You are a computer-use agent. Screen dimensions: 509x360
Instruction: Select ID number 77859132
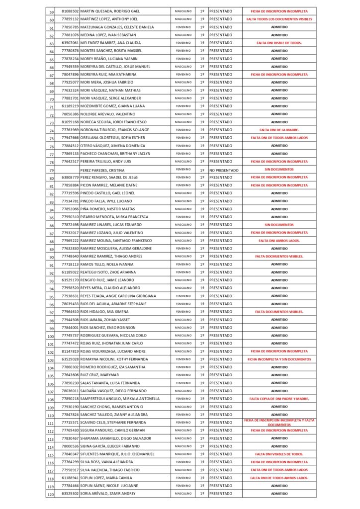(x=70, y=19)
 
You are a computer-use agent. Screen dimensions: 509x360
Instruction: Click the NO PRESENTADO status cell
(x=224, y=170)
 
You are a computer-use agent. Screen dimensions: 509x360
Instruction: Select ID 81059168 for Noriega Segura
(x=70, y=122)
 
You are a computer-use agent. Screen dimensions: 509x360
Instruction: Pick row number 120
(x=51, y=494)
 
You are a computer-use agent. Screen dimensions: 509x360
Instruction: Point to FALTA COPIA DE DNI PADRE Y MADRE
(x=279, y=399)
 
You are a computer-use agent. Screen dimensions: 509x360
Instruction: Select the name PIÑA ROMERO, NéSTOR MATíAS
(x=107, y=209)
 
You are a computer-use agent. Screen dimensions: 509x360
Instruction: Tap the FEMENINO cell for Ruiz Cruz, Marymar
(x=182, y=375)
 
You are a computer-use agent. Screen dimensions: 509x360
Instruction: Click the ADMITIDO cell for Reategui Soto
(x=279, y=272)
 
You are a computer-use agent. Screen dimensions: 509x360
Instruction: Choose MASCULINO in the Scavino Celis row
(x=182, y=422)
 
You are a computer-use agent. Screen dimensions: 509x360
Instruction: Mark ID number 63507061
(x=70, y=43)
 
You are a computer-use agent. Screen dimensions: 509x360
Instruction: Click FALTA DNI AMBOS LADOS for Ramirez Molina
(x=279, y=241)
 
